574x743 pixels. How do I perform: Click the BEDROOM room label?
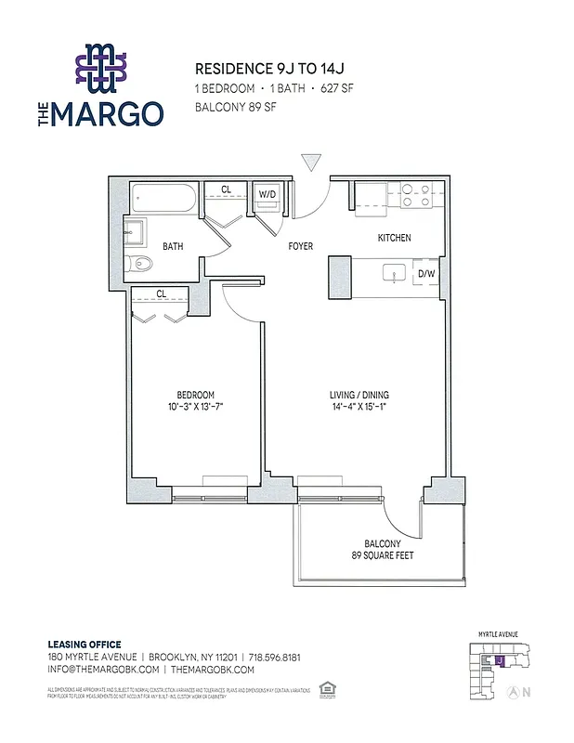tap(195, 394)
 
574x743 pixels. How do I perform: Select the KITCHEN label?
tap(394, 239)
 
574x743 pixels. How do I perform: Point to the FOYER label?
tap(300, 247)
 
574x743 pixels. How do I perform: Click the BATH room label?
tap(172, 247)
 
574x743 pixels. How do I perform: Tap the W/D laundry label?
tap(267, 194)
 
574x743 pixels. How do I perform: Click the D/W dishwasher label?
tap(426, 274)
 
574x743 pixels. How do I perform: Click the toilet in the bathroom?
tap(140, 265)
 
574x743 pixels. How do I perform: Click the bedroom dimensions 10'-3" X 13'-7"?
tap(195, 407)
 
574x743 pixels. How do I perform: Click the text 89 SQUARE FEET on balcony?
tap(383, 556)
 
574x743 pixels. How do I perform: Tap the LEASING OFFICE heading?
tap(84, 644)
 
